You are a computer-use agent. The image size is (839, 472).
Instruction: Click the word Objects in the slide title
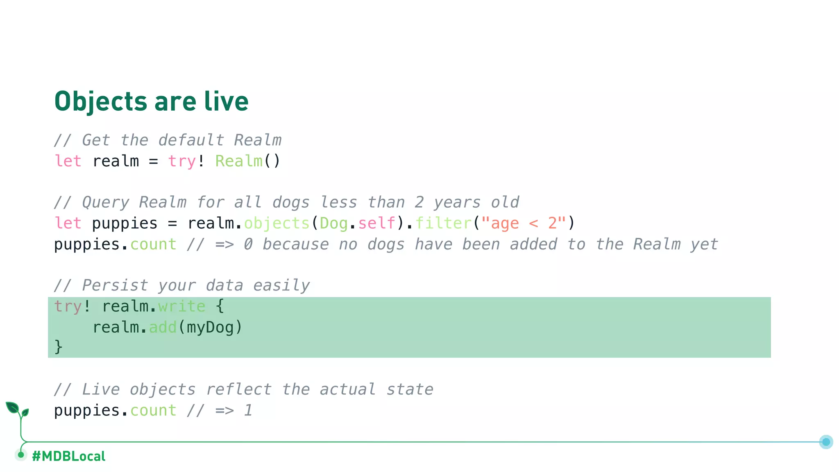[x=101, y=102]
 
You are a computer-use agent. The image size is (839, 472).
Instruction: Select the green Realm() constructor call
[x=247, y=161]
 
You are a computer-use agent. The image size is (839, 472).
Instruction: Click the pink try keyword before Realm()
[x=181, y=161]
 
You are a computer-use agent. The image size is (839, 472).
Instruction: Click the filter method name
[x=444, y=223]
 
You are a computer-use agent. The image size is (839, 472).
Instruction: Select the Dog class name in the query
[x=333, y=223]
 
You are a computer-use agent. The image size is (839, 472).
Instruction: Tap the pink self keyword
[x=376, y=223]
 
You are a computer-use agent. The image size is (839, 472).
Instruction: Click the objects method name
[x=277, y=223]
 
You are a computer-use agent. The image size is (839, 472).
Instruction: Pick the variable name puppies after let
[x=125, y=223]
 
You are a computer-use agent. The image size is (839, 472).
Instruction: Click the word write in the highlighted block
[x=181, y=306]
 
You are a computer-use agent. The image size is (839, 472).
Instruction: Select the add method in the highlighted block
[x=163, y=327]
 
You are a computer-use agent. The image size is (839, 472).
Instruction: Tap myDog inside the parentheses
[x=210, y=327]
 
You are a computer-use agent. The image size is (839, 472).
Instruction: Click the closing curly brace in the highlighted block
[x=58, y=347]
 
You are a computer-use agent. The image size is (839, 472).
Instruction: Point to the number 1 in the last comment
[x=248, y=410]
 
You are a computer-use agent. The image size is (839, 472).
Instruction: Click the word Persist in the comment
[x=115, y=285]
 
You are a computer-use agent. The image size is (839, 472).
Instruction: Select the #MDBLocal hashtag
[x=68, y=456]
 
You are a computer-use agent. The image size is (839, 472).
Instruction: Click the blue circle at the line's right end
[x=826, y=442]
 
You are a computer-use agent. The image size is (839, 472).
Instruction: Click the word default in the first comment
[x=191, y=140]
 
